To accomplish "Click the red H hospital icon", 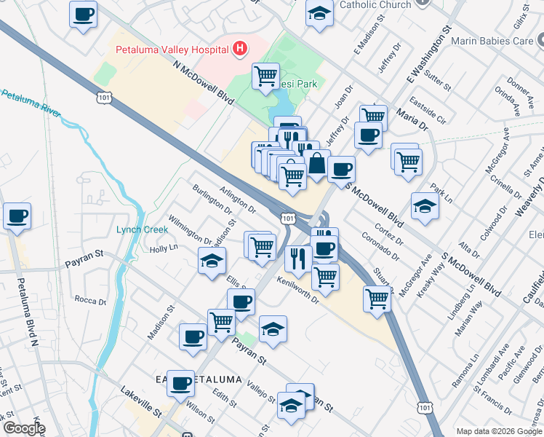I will point(240,50).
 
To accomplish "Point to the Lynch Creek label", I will point(142,229).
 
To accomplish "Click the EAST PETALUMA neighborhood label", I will point(188,379).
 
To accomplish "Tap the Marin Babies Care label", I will point(492,41).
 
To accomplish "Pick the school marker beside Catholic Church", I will point(319,15).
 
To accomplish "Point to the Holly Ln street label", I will point(163,248).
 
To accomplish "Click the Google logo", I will point(24,428).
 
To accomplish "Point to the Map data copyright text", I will point(498,431).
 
